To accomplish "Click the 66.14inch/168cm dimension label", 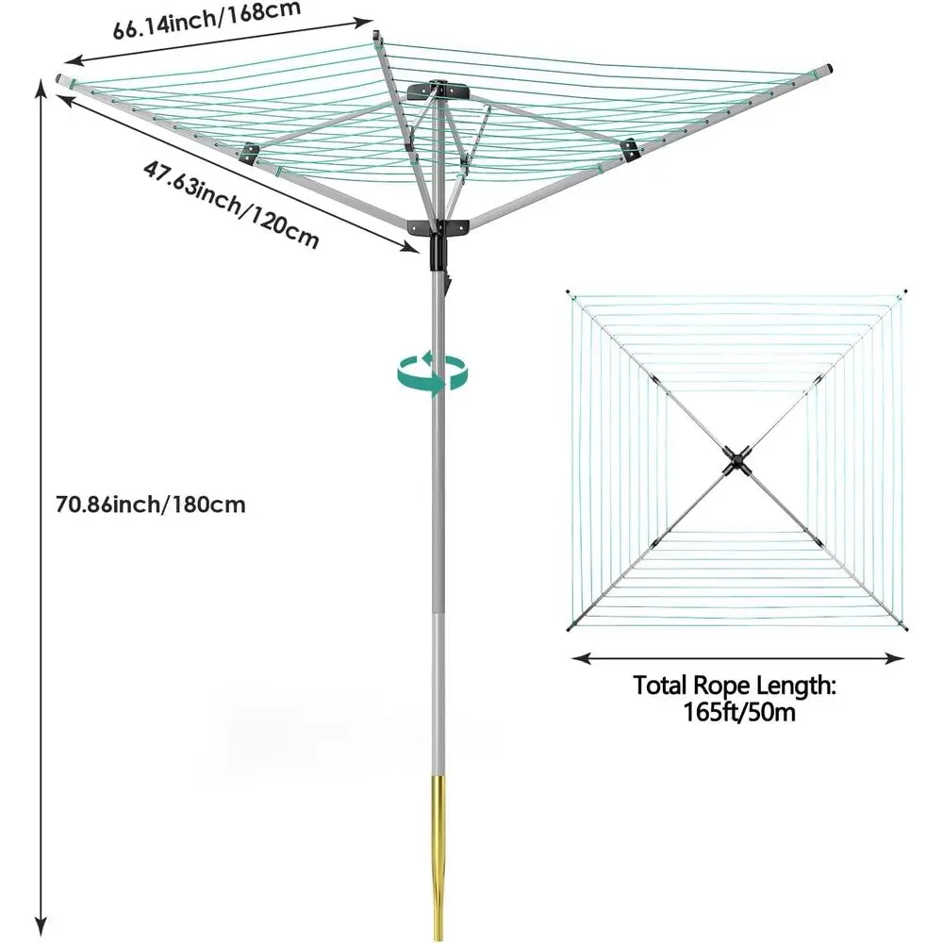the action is click(x=207, y=21).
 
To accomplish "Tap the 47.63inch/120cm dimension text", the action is click(x=231, y=205).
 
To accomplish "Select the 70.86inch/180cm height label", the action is click(x=150, y=504).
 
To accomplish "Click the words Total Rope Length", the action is click(x=735, y=686).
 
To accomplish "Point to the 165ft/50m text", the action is click(x=739, y=712).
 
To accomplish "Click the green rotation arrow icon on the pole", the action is click(x=433, y=374).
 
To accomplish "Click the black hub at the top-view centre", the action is click(x=736, y=461).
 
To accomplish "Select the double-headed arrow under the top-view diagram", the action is click(x=738, y=658).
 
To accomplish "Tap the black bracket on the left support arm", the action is click(x=248, y=153).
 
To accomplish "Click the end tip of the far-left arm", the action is click(x=59, y=78).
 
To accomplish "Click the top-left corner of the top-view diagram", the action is click(x=569, y=293).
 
